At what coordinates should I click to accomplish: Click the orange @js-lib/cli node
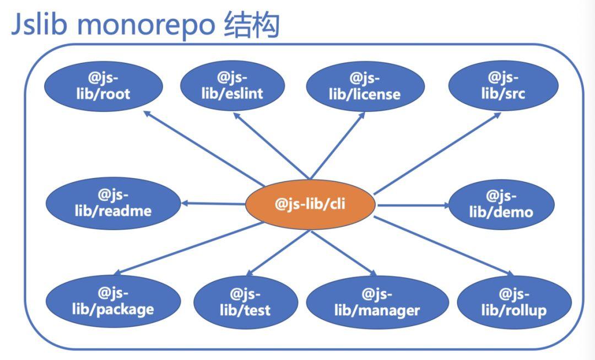310,205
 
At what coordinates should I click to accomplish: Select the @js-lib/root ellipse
104,86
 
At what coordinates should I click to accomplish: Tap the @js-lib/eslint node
232,86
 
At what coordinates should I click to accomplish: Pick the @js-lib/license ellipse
365,87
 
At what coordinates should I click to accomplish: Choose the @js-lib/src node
503,86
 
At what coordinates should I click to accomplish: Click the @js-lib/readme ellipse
113,203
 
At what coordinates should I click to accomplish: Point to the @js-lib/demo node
501,205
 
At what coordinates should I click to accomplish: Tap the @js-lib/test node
246,303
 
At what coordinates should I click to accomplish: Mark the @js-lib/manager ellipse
377,303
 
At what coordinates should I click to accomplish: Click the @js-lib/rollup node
514,303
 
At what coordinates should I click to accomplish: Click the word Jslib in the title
40,24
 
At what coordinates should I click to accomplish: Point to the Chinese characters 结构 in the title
252,25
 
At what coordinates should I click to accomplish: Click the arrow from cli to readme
213,204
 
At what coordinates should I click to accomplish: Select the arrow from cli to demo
413,206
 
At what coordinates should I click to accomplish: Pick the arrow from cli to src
437,153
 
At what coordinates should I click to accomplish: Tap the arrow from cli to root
204,148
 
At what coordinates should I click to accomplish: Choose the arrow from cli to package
188,248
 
